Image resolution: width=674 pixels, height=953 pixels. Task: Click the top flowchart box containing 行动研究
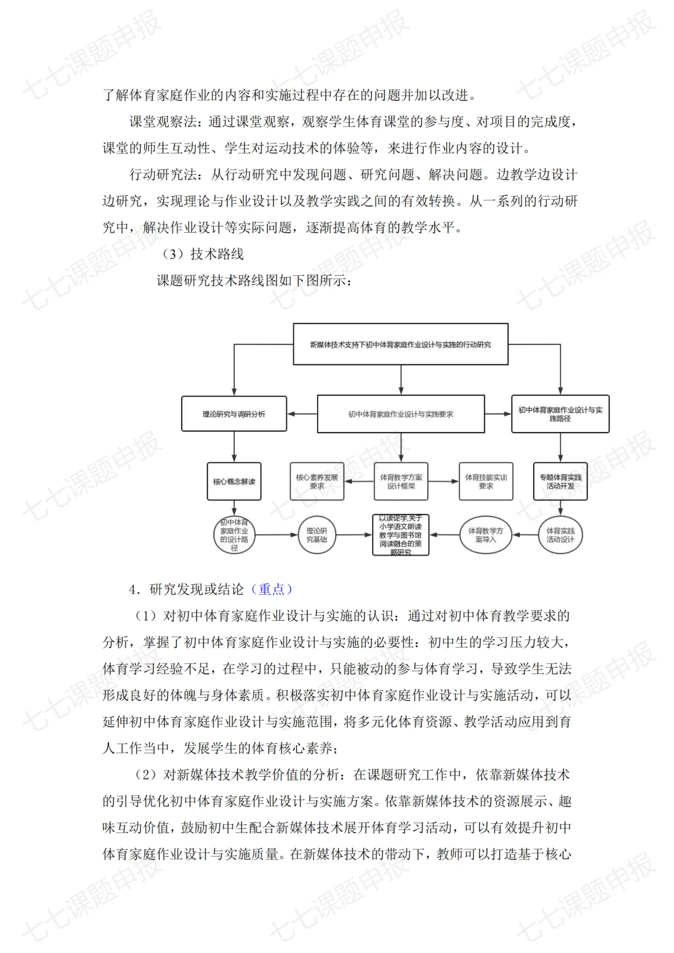pyautogui.click(x=401, y=345)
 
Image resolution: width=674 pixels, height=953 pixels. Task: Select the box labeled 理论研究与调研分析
pyautogui.click(x=234, y=414)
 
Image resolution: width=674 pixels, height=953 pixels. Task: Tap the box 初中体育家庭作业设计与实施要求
pyautogui.click(x=401, y=414)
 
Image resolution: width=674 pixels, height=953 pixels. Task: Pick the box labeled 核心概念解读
pyautogui.click(x=234, y=481)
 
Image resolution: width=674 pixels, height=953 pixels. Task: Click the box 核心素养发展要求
pyautogui.click(x=317, y=481)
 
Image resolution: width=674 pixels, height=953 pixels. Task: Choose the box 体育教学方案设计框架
pyautogui.click(x=401, y=481)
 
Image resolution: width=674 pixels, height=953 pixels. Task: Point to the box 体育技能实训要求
pyautogui.click(x=486, y=481)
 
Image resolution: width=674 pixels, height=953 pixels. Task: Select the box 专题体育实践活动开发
pyautogui.click(x=560, y=481)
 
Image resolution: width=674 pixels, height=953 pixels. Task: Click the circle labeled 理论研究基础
pyautogui.click(x=316, y=535)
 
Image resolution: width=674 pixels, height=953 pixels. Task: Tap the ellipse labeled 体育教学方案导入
pyautogui.click(x=486, y=535)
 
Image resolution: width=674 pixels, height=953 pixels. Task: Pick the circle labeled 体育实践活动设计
pyautogui.click(x=560, y=535)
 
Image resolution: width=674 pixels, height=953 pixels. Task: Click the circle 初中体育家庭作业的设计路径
pyautogui.click(x=234, y=535)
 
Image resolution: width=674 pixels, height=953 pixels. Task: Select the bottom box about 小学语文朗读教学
pyautogui.click(x=401, y=535)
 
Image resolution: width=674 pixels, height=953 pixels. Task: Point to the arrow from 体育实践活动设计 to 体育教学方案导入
pyautogui.click(x=526, y=535)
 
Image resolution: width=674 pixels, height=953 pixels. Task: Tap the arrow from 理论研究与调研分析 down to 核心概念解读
pyautogui.click(x=234, y=447)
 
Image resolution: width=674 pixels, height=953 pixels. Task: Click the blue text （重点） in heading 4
pyautogui.click(x=271, y=589)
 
